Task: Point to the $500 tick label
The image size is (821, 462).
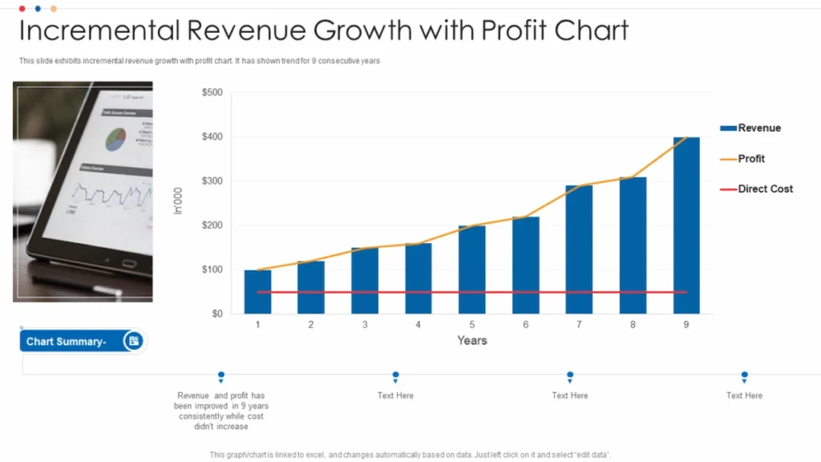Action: (212, 93)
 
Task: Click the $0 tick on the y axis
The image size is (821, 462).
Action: (216, 314)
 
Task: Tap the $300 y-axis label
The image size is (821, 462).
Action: (212, 181)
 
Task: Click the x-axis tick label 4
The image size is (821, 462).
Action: (419, 325)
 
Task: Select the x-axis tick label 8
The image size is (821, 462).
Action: (633, 325)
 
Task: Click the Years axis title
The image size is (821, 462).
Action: (471, 341)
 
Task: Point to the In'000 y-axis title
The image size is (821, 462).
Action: (178, 201)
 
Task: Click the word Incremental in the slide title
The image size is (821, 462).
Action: (98, 31)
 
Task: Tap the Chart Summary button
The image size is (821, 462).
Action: (67, 342)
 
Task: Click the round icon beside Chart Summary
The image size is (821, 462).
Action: (134, 342)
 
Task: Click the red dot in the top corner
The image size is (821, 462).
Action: (22, 8)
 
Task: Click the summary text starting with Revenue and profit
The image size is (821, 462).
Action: (220, 411)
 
